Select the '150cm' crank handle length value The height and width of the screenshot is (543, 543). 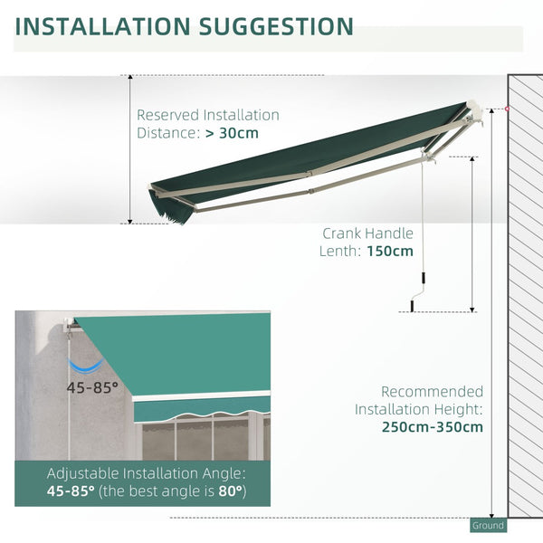tap(391, 251)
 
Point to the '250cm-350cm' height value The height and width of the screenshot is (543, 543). tap(432, 426)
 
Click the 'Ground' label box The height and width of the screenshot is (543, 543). tap(487, 525)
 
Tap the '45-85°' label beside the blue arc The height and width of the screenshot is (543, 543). tap(91, 386)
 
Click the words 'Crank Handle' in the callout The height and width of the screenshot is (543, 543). tap(367, 233)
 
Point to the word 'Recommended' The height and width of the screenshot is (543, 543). tap(432, 392)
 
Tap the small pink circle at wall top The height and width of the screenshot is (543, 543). tap(507, 109)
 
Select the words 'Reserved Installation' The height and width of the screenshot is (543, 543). tap(207, 115)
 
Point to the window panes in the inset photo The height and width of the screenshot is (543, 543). tap(199, 439)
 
